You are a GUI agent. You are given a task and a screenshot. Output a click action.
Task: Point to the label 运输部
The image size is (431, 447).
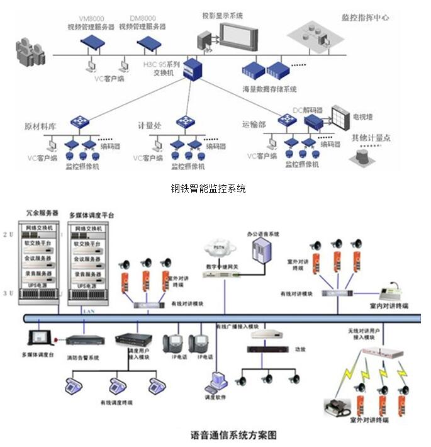(254, 125)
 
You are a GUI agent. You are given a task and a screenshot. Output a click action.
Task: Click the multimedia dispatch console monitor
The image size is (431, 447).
(38, 337)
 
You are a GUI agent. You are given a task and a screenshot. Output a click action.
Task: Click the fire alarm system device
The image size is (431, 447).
(85, 340)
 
